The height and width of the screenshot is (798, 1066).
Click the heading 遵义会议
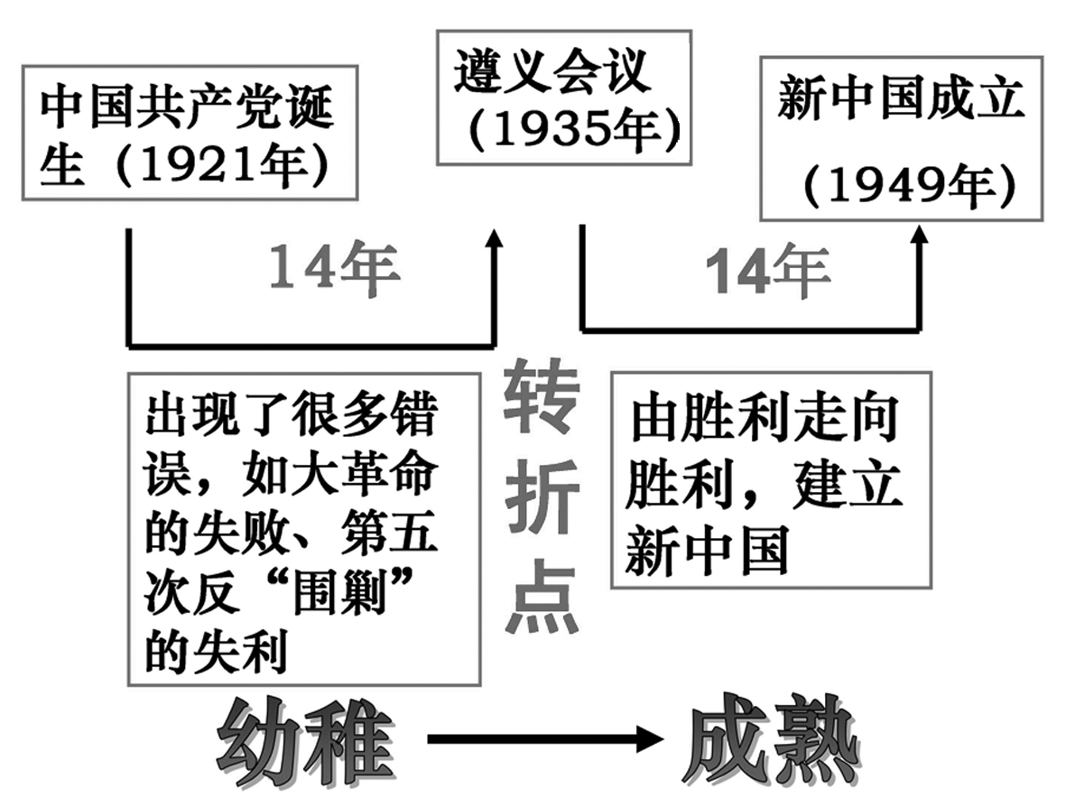(x=552, y=72)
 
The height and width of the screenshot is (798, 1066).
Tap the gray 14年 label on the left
(x=334, y=268)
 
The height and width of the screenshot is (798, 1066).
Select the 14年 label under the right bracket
(x=767, y=270)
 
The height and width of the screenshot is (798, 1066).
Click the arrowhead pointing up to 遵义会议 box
(x=494, y=243)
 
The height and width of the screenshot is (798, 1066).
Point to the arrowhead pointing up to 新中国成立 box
(x=920, y=242)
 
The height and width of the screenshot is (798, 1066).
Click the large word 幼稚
(x=307, y=739)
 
